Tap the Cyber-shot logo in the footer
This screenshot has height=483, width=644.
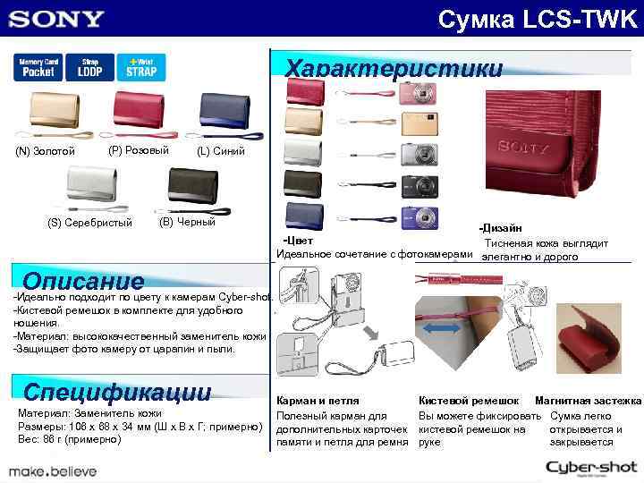tap(590, 466)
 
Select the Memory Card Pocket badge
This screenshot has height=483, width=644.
tap(38, 68)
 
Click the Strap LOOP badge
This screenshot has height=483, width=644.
tap(89, 68)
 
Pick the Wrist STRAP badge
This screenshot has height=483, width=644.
tap(140, 68)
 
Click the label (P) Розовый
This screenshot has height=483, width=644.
tap(138, 149)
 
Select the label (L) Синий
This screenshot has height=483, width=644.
tap(220, 151)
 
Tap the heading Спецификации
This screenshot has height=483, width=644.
tap(117, 392)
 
